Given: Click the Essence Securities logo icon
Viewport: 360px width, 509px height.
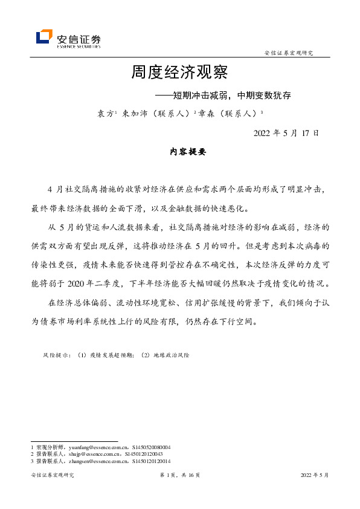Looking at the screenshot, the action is tap(44, 37).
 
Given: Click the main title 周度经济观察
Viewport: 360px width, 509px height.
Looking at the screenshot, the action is tap(179, 74).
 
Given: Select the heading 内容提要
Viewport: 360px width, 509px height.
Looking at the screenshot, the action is tap(188, 152).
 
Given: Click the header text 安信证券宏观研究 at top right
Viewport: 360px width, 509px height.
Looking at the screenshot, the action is tap(289, 53).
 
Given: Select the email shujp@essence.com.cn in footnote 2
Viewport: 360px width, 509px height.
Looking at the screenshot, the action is tap(88, 454).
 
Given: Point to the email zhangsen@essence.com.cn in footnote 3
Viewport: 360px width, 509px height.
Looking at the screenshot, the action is tap(92, 461).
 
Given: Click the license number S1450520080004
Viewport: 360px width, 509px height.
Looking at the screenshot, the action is tap(147, 447).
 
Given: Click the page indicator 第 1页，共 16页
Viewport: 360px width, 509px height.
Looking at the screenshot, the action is tap(179, 476).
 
